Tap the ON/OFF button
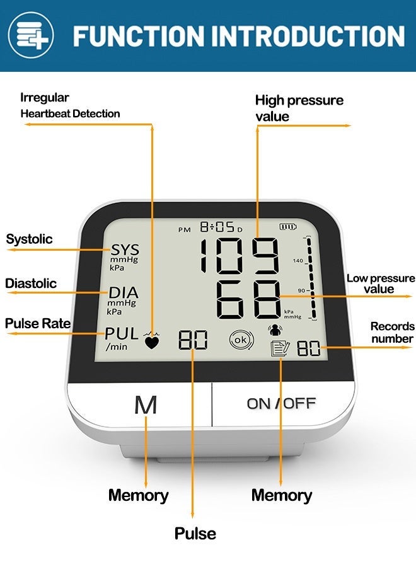[x=282, y=404]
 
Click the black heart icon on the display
[x=152, y=342]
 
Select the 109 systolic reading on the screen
[x=240, y=256]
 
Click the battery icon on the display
[x=288, y=227]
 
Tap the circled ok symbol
[x=241, y=340]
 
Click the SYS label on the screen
[x=125, y=249]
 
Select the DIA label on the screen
[x=124, y=292]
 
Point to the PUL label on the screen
[x=122, y=333]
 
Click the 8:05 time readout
[x=217, y=227]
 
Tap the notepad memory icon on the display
[x=280, y=348]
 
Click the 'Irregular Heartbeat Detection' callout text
[x=70, y=106]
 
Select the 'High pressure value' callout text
[x=299, y=108]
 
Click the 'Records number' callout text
[x=393, y=332]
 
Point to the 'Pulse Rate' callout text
[x=38, y=323]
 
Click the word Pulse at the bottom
[x=195, y=534]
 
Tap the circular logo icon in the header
[x=31, y=35]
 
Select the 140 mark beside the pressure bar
[x=298, y=260]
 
